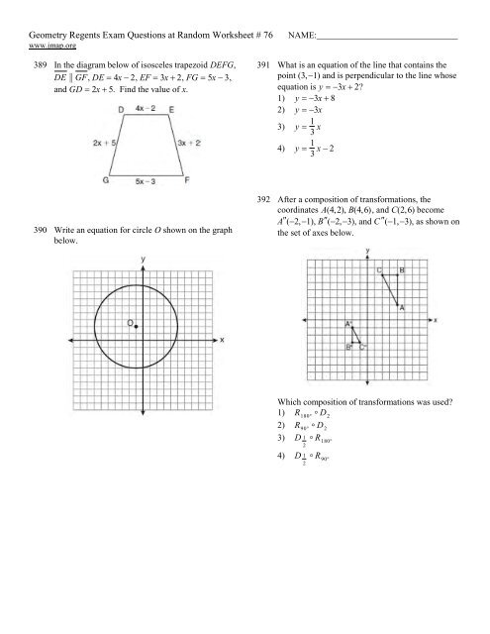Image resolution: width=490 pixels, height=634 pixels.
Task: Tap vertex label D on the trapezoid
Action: [x=120, y=108]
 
